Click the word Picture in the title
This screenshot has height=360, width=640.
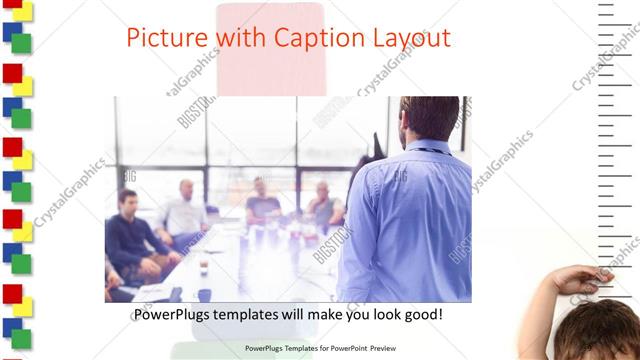tap(163, 38)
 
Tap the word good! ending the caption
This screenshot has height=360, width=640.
tap(422, 314)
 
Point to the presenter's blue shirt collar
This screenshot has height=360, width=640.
tap(425, 148)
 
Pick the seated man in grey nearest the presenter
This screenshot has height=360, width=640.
tap(324, 205)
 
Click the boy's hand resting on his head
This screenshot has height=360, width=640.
tap(580, 279)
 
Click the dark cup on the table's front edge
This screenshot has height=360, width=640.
tap(204, 295)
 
